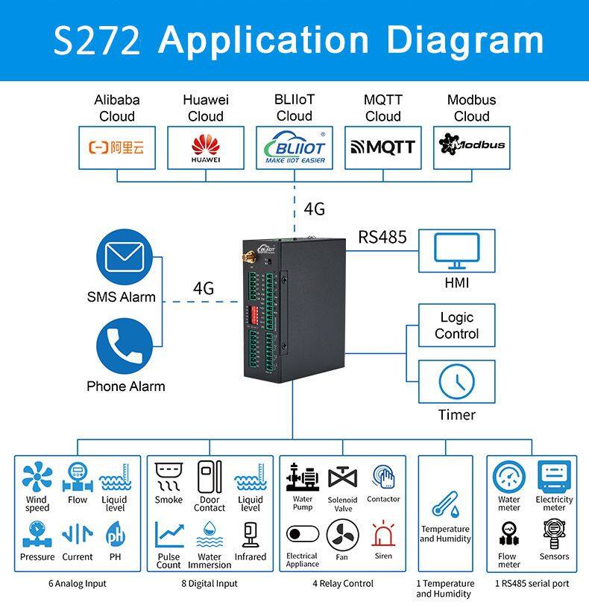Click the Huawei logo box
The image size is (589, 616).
point(206,147)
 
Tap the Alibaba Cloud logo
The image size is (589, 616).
point(116,147)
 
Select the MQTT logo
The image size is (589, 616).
point(382,147)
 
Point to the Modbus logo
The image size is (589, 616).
point(471,145)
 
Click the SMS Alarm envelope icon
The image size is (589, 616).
point(125,257)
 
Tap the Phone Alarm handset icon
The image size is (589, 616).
point(125,346)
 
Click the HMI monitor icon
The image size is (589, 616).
point(456,251)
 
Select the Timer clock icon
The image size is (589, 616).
point(456,381)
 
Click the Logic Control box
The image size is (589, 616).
point(456,326)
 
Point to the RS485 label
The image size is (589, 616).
point(382,237)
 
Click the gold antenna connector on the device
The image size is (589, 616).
point(248,257)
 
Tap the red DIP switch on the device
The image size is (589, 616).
point(254,314)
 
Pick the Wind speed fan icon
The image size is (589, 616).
point(37,477)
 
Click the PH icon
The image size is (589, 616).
point(116,534)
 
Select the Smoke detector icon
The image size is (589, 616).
point(168,477)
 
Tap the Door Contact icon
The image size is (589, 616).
point(210,477)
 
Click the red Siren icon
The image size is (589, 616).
point(383,533)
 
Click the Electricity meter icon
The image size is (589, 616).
point(554,477)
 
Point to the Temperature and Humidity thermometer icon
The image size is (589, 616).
point(446,504)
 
